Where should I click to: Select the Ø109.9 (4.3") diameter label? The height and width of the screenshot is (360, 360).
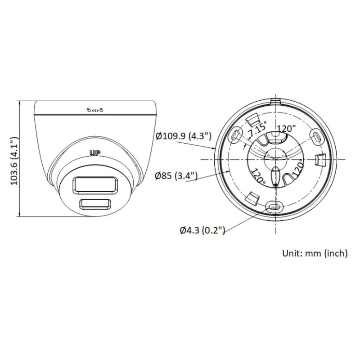tap(183, 135)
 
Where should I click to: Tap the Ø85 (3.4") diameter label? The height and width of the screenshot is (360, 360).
tap(176, 175)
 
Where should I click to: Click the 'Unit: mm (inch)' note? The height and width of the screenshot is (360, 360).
tap(315, 253)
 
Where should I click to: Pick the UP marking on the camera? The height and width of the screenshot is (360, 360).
tap(94, 153)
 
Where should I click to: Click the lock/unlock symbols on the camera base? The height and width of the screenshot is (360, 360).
tap(95, 109)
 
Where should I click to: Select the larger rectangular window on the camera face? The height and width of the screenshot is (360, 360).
tap(94, 185)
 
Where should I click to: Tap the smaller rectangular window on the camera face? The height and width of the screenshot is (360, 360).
tap(94, 204)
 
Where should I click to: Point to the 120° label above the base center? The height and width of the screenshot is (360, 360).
tap(286, 129)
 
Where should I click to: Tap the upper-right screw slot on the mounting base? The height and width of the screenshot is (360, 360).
tap(315, 135)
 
